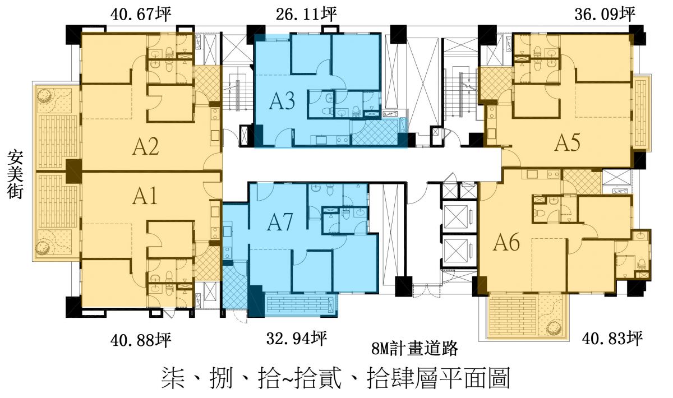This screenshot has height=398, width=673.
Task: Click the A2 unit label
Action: click(x=146, y=147)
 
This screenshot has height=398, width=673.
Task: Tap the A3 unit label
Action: click(x=283, y=101)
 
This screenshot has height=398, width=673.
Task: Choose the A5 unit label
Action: click(x=567, y=144)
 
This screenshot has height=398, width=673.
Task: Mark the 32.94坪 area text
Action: click(x=296, y=337)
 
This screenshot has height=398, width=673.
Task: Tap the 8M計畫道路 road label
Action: click(x=415, y=349)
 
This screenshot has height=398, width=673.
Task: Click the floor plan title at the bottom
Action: click(x=335, y=378)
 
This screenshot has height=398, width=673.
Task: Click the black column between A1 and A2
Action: click(x=73, y=170)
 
